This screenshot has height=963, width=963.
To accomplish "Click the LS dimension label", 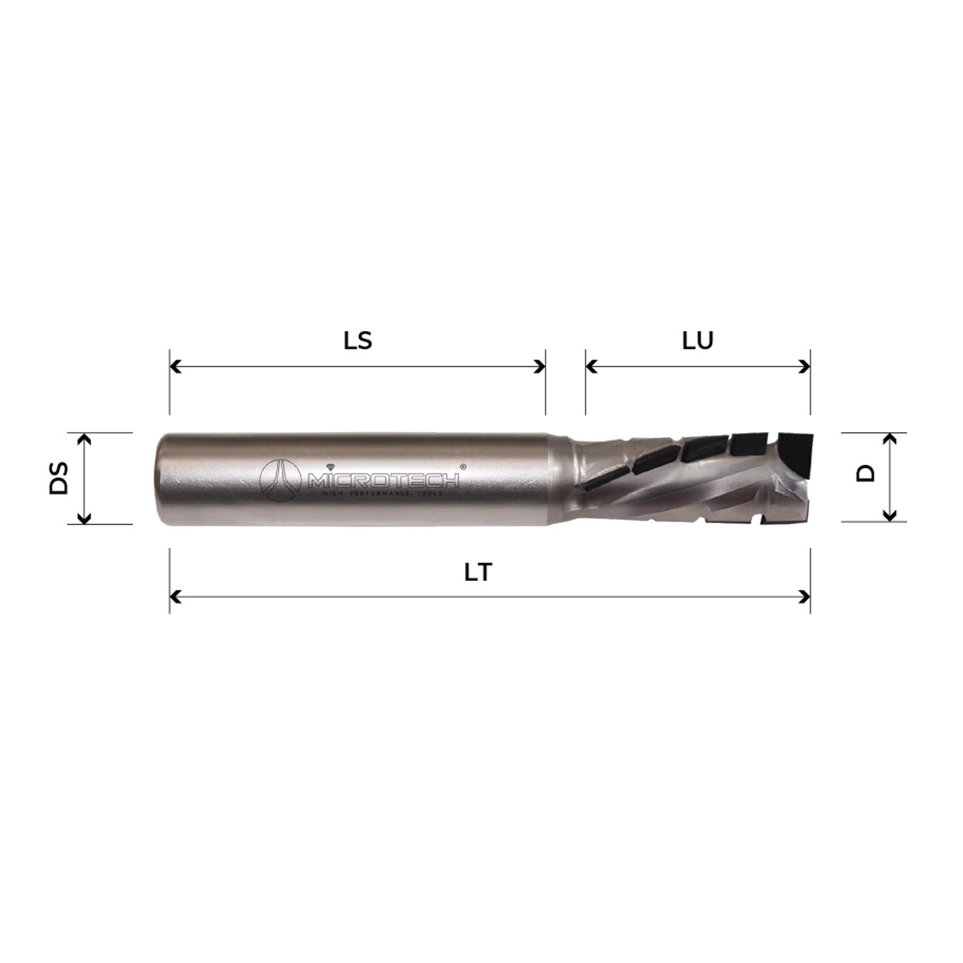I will point(358,340).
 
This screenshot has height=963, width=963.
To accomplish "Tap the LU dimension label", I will point(697,340).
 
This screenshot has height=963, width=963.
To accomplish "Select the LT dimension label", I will point(478,572).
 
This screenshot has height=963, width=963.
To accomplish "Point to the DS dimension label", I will point(59,478).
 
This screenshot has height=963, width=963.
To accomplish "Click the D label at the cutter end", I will point(866,474).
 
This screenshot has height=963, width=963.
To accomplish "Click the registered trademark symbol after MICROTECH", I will point(462,468).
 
